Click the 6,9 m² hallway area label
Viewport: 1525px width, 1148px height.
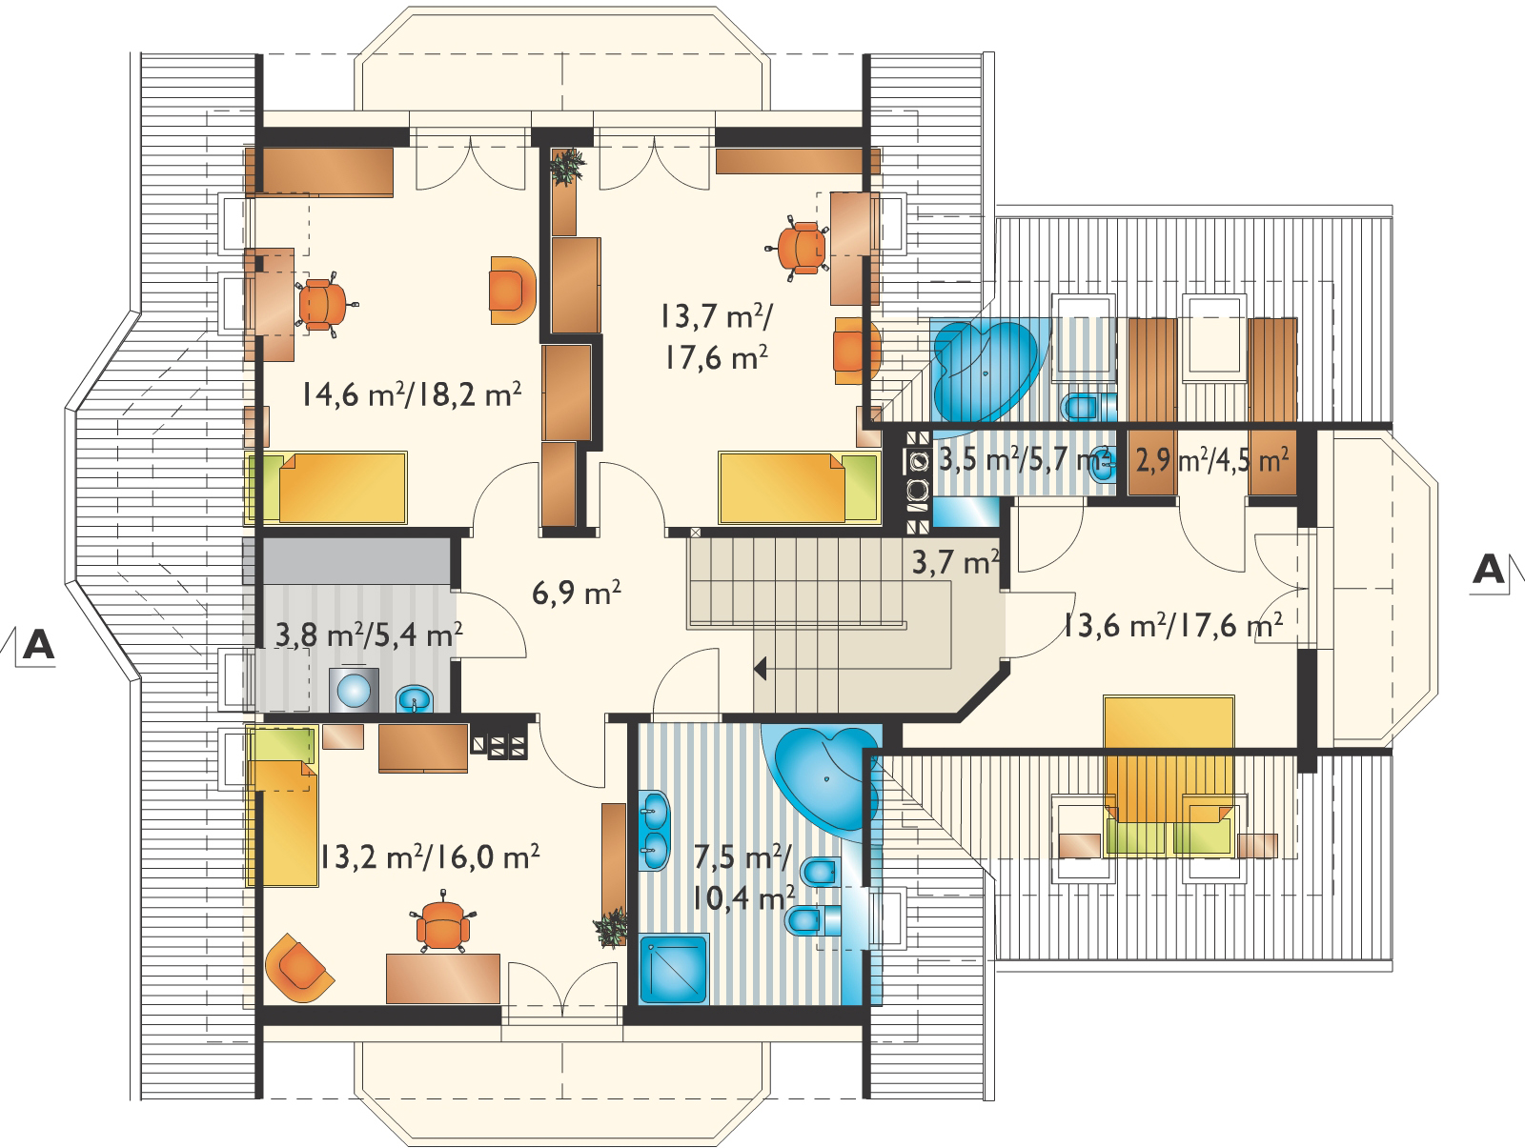pos(576,594)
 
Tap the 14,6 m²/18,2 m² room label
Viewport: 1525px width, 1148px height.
pos(412,394)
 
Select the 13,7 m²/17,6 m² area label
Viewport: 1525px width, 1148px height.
pos(716,337)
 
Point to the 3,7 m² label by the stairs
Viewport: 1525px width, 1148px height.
pos(955,562)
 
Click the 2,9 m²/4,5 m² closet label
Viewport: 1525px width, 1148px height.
pos(1211,460)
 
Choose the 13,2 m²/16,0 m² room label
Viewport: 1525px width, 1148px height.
pos(429,857)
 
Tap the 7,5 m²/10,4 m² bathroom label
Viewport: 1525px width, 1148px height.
pos(742,877)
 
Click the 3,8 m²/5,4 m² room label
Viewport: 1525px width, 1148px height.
pos(369,634)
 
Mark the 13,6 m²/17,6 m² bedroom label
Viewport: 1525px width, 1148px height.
pos(1172,626)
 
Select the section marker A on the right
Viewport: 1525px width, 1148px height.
pos(1488,571)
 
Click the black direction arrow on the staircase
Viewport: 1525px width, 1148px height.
pos(761,669)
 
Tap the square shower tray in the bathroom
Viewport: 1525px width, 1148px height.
pos(673,969)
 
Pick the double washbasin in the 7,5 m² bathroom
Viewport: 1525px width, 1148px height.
pos(654,829)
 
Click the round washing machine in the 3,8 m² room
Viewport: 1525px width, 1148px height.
pos(354,691)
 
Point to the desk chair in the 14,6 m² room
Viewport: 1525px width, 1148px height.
pos(323,305)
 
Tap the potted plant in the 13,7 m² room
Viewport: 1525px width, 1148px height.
pos(568,166)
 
